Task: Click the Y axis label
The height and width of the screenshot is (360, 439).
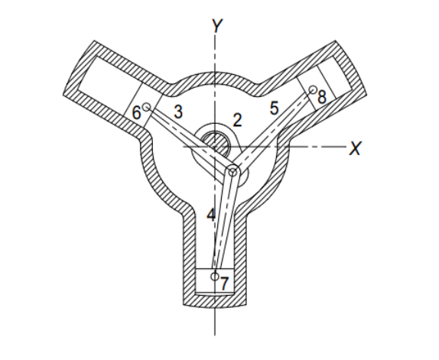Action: pyautogui.click(x=217, y=25)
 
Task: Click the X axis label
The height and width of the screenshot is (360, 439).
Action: pyautogui.click(x=354, y=148)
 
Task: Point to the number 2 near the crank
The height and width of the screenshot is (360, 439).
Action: pyautogui.click(x=237, y=120)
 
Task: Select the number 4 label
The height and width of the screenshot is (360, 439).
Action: pyautogui.click(x=211, y=216)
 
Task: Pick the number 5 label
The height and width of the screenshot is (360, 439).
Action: pyautogui.click(x=272, y=109)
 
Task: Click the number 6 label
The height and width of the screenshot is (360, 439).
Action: pyautogui.click(x=137, y=113)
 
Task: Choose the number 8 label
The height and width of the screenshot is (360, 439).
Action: pyautogui.click(x=321, y=97)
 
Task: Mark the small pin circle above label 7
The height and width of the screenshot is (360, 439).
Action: pyautogui.click(x=216, y=275)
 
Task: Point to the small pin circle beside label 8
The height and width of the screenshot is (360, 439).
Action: pyautogui.click(x=312, y=89)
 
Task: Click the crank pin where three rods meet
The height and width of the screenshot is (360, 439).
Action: pyautogui.click(x=233, y=174)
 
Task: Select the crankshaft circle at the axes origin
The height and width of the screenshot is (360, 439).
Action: pyautogui.click(x=216, y=144)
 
